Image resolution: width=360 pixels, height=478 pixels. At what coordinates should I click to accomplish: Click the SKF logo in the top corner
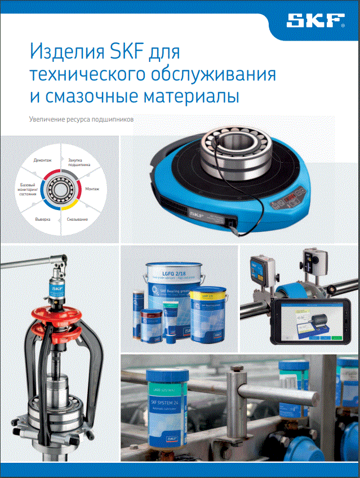click(315, 21)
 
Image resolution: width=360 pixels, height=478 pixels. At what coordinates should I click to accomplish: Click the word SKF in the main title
click(119, 55)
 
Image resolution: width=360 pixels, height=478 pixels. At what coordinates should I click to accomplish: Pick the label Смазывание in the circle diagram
click(77, 218)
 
